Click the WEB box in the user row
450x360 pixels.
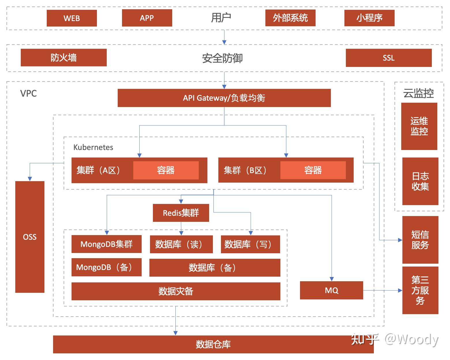coord(72,18)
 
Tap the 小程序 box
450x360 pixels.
coord(369,18)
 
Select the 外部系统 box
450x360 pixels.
coord(290,18)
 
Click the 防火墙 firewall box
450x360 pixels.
coord(63,58)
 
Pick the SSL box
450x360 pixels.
coord(389,58)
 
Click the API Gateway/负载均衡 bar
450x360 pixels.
coord(224,98)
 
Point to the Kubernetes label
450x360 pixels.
coord(93,147)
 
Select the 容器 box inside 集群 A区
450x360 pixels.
coord(166,170)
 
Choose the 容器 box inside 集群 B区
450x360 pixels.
coord(313,170)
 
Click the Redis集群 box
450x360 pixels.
coord(181,213)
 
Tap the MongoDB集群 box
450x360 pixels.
coord(106,244)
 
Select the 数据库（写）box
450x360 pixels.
coord(250,244)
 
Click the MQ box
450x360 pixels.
coord(331,290)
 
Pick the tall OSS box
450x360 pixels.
coord(30,237)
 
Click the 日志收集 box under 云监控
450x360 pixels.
coord(420,181)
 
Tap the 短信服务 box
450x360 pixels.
coord(420,240)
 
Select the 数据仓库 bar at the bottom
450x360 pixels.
coord(213,344)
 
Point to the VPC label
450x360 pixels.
coord(29,93)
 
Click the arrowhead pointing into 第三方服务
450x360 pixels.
coord(400,290)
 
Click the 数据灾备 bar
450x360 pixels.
coord(176,291)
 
